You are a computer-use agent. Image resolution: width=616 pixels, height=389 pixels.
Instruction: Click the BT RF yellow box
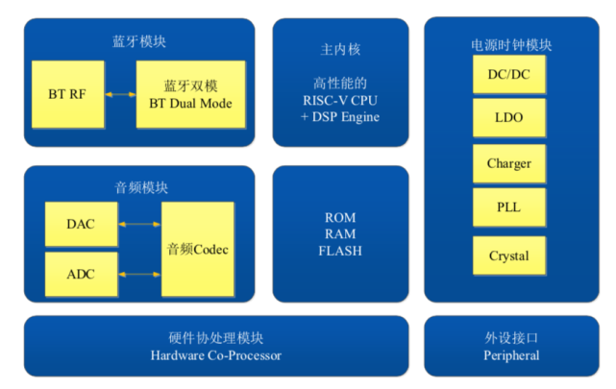click(x=68, y=94)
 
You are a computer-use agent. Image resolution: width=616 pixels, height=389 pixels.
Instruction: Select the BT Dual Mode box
click(x=191, y=94)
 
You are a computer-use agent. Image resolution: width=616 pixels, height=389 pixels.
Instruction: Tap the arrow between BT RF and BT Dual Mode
click(x=120, y=94)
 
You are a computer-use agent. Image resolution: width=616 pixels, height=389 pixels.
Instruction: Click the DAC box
click(x=82, y=224)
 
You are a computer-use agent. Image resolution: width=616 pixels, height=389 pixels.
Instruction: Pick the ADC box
click(x=82, y=274)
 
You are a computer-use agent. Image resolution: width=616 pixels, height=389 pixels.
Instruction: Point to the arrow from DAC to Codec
click(x=139, y=224)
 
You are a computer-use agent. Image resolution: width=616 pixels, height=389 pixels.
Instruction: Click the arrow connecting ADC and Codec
click(x=139, y=275)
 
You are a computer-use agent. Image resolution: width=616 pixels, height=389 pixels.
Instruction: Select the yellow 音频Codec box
click(x=198, y=250)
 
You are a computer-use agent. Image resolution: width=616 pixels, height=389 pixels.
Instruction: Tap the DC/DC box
click(x=509, y=74)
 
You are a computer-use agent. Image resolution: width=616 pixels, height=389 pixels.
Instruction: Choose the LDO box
click(x=509, y=117)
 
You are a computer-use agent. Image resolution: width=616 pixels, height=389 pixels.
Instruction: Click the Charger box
click(x=509, y=163)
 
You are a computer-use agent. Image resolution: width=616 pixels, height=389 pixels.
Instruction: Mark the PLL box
click(x=509, y=207)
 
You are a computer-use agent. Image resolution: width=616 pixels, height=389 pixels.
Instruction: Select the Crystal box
click(x=509, y=255)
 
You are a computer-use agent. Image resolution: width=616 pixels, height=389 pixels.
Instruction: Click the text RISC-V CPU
click(x=340, y=101)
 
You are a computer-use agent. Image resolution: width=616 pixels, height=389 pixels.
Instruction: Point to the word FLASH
click(x=340, y=251)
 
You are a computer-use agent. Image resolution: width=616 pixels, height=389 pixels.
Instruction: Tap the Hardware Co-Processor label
click(x=216, y=355)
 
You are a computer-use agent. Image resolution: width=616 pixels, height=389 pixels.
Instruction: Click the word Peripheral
click(x=511, y=355)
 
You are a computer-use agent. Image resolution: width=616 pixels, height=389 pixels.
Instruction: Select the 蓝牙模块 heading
click(x=139, y=41)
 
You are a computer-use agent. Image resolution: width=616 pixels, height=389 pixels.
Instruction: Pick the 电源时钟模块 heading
click(x=511, y=45)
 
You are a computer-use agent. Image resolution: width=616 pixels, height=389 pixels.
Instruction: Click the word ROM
click(x=340, y=217)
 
